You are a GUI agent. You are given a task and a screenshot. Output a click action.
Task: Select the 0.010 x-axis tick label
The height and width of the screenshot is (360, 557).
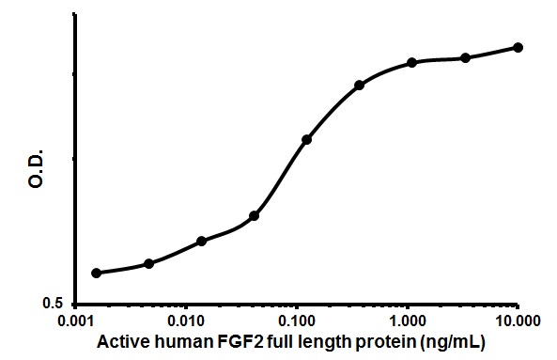(x=187, y=321)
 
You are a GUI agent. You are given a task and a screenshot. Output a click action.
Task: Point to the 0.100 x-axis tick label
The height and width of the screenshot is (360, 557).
(x=297, y=321)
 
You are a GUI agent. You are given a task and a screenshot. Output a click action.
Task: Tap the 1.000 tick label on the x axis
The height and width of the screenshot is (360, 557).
(x=408, y=321)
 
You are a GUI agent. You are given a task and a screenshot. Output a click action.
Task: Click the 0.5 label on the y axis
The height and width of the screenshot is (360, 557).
(x=56, y=304)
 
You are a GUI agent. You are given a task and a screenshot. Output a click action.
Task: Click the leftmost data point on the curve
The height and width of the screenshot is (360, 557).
(x=96, y=273)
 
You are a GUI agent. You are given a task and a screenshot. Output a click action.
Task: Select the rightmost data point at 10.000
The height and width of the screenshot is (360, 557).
(x=518, y=47)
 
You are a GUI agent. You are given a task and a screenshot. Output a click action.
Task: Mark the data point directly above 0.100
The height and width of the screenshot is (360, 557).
(x=306, y=139)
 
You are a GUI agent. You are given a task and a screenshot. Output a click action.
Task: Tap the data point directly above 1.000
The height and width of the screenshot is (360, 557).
(x=412, y=62)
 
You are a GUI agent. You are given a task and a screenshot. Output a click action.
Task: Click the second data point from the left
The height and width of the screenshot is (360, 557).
(x=148, y=263)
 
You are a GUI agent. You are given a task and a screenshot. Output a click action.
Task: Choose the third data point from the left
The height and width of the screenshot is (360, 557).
(x=202, y=241)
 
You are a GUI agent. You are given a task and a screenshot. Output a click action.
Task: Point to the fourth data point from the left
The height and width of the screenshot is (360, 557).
(x=255, y=215)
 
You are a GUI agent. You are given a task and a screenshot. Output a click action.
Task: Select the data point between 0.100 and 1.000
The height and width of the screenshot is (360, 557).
(x=360, y=86)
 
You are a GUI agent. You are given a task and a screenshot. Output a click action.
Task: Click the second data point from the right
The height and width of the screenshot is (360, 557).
(x=466, y=57)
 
